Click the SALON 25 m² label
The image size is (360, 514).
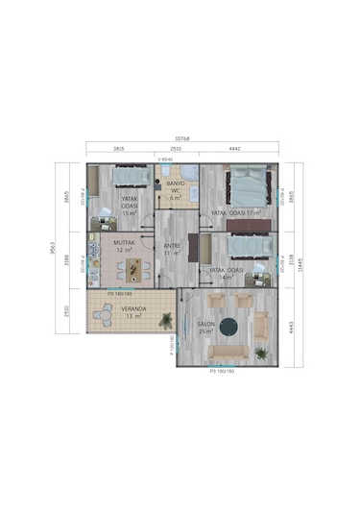tap(205, 327)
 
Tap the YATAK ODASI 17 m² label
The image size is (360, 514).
tap(236, 212)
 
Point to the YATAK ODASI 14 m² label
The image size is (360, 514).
tap(227, 273)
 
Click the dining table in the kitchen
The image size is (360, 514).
tap(132, 266)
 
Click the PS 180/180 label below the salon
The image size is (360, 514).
tap(222, 368)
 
